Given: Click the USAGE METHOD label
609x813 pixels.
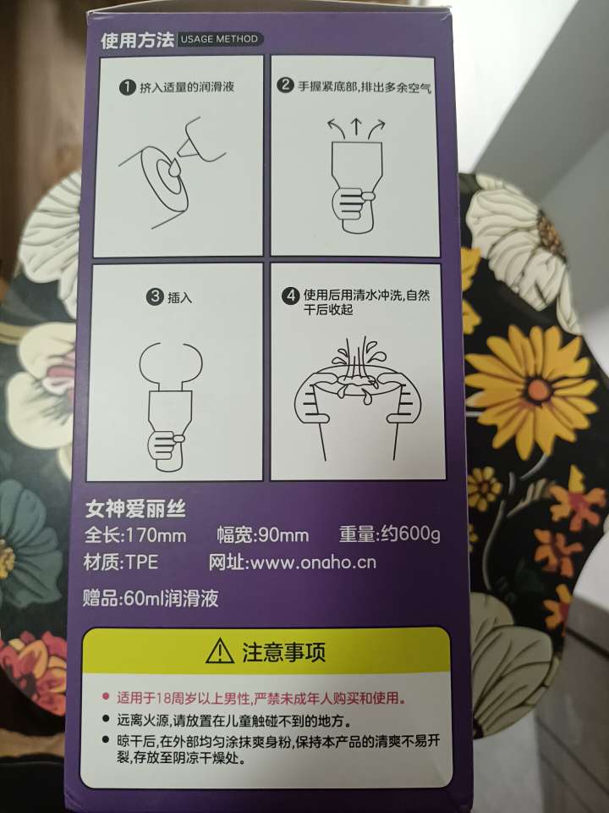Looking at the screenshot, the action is tap(219, 39).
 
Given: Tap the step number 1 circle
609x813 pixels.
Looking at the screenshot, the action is tap(127, 86).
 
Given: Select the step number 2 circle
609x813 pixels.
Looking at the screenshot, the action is tap(285, 85).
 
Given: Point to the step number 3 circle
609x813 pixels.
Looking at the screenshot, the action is tap(154, 296).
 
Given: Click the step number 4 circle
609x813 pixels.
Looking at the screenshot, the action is tap(290, 296).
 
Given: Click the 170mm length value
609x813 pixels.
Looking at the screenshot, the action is tap(156, 535).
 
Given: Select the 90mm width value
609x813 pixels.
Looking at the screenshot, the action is tap(283, 535).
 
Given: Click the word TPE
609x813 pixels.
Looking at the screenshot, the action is tap(142, 562).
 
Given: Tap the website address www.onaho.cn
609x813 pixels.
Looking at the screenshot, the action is tap(313, 562).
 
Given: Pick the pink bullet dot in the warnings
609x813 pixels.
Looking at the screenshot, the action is tap(107, 696).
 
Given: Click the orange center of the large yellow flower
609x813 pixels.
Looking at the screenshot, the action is tap(538, 388).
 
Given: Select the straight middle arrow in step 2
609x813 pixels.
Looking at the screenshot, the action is tap(356, 128).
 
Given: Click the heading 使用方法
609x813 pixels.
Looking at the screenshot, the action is tap(137, 40).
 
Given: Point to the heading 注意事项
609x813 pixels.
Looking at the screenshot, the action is tap(284, 652).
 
